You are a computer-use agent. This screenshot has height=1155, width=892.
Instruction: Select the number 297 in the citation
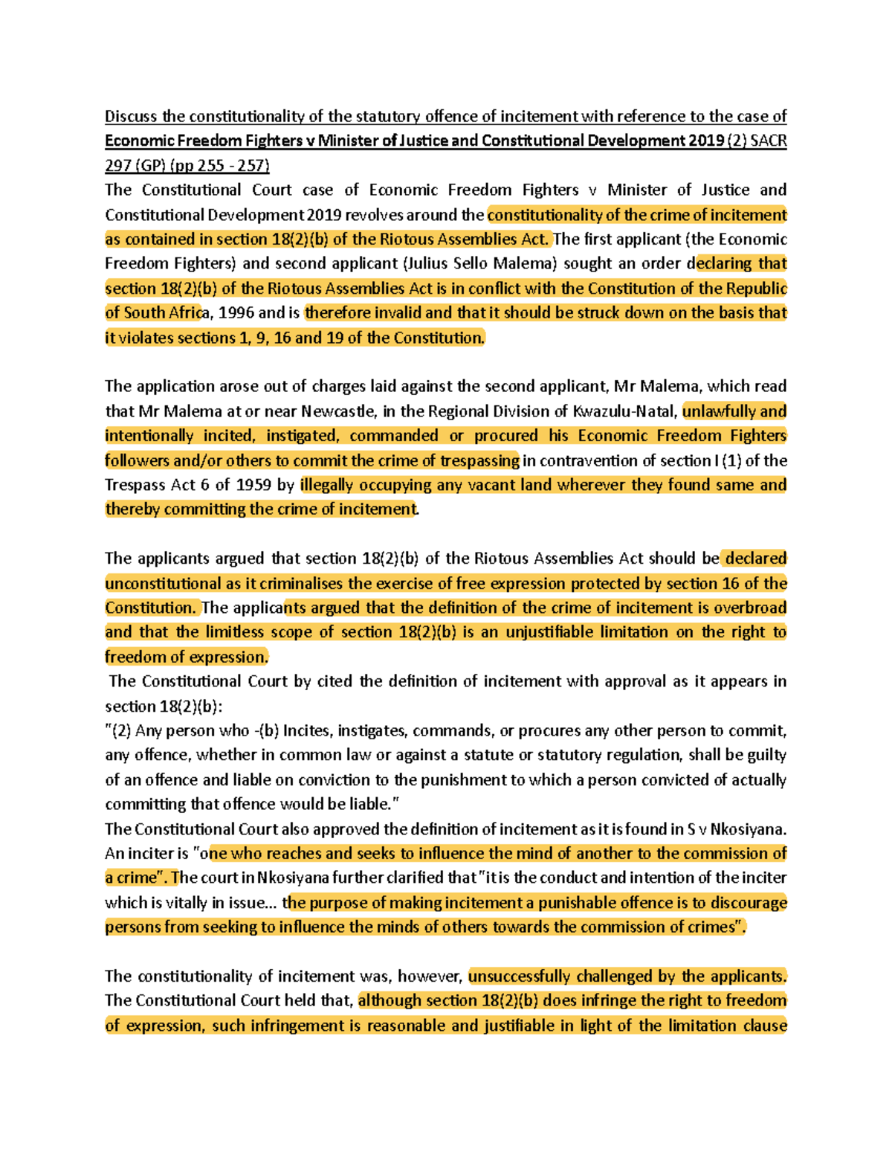pyautogui.click(x=117, y=165)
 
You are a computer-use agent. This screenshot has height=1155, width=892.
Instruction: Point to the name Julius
pyautogui.click(x=427, y=263)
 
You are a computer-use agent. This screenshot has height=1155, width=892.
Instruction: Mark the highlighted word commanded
pyautogui.click(x=394, y=435)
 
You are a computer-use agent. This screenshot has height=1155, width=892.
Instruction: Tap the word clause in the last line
pyautogui.click(x=764, y=1025)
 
